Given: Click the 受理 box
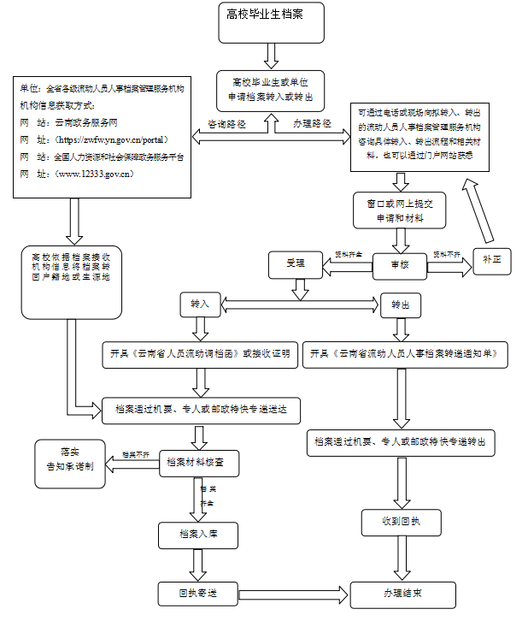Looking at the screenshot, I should tap(296, 264).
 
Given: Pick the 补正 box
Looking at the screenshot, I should tap(491, 260).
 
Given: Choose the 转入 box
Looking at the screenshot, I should tap(200, 304).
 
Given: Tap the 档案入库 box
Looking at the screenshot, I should tap(199, 535).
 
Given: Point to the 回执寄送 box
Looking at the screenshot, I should tap(199, 592).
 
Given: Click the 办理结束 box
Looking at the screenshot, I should tap(402, 592).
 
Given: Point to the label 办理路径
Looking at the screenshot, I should tap(312, 124).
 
